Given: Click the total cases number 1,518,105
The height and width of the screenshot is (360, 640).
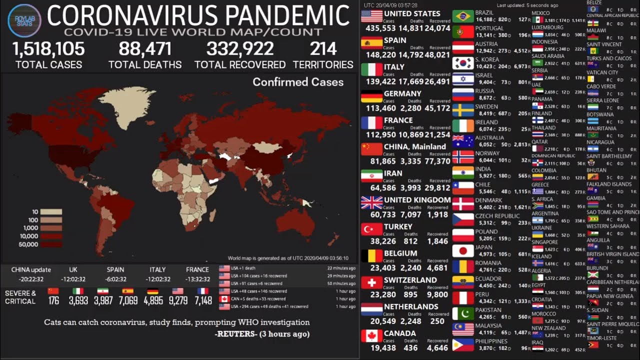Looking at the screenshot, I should click(48, 49).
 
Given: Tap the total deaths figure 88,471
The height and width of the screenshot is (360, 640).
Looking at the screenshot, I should click(145, 49).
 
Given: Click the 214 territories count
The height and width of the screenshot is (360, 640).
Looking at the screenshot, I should click(323, 49).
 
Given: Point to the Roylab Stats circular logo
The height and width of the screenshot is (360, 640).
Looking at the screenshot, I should click(24, 19).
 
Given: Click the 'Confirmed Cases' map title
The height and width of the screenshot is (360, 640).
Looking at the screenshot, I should click(298, 82).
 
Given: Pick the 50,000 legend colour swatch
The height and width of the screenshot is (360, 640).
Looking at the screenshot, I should click(51, 244).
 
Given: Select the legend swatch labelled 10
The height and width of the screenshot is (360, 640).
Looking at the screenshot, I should click(51, 212).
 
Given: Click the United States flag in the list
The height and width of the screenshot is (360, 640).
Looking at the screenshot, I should click(371, 16).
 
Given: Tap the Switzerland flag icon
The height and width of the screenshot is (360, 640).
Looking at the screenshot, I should click(371, 283).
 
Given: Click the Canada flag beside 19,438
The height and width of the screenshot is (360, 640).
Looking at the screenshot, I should click(371, 336).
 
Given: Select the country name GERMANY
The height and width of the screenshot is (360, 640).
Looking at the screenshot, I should click(402, 93).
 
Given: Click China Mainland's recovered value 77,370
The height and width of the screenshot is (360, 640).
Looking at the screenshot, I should click(438, 161).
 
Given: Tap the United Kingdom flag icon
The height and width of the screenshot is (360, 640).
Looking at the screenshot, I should click(371, 202).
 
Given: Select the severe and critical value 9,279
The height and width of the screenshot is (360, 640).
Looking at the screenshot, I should click(178, 301).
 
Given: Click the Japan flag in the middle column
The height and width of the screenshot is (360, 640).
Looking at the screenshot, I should click(462, 250).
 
